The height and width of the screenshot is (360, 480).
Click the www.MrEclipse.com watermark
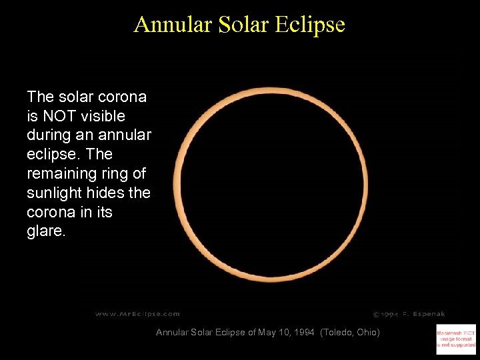137,313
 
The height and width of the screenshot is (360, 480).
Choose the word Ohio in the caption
367,332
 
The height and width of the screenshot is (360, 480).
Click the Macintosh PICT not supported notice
456,338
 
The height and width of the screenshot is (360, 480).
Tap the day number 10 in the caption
283,332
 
